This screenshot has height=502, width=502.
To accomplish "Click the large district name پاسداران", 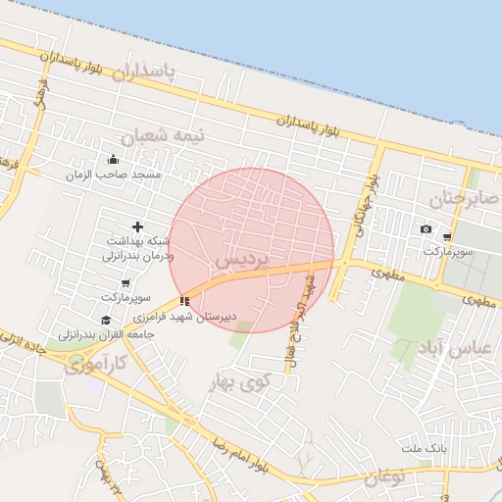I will (143, 72).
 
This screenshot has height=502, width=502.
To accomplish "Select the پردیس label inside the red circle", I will (238, 260).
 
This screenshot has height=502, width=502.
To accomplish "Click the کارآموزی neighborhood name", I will (95, 367).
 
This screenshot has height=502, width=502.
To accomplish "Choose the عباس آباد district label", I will (461, 349).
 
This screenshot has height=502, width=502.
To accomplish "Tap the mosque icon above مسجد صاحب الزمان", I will (112, 160).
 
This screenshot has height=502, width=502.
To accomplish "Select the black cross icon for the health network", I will (137, 227).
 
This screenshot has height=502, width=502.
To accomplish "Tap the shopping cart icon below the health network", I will (125, 283).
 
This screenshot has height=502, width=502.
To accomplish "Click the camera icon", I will (426, 229).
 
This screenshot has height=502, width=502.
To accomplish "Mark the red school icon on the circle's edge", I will (184, 301).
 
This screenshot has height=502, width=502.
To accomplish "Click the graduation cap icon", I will (106, 320).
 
